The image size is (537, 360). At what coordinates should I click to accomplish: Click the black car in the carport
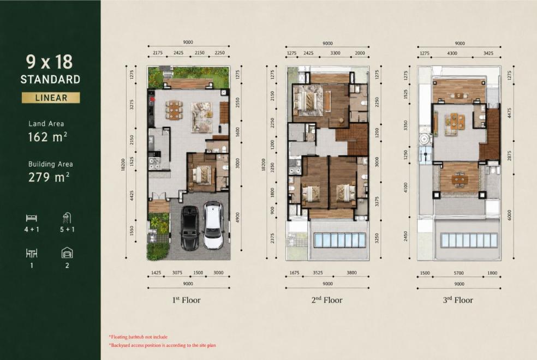(x=189, y=227)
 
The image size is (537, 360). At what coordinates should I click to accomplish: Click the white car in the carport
(x=213, y=225)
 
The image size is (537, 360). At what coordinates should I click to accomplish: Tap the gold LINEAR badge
(x=51, y=98)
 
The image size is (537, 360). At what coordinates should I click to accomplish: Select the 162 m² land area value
(x=47, y=137)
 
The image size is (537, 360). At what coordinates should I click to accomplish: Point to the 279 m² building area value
(x=49, y=177)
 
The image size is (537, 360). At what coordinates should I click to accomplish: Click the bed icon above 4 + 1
(x=32, y=218)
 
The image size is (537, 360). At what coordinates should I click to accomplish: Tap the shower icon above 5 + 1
(x=67, y=218)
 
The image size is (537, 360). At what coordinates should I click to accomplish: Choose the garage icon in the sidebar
(x=67, y=253)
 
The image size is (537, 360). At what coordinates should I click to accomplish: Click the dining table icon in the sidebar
(x=32, y=253)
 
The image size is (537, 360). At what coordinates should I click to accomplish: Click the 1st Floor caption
(x=186, y=300)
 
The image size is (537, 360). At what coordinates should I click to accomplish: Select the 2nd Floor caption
(x=327, y=300)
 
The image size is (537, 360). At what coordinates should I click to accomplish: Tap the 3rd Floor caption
(x=458, y=300)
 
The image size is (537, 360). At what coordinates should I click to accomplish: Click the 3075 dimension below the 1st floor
(x=177, y=273)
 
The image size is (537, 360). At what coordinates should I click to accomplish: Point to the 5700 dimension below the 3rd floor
(x=458, y=273)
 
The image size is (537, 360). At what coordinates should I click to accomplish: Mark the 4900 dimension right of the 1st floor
(x=238, y=218)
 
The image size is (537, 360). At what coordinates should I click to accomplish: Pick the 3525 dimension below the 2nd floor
(x=318, y=273)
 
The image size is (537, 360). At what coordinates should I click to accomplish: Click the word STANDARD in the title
(x=50, y=80)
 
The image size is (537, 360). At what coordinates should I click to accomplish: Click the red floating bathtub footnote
(x=139, y=337)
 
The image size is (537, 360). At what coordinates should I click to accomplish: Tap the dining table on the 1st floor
(x=174, y=110)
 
